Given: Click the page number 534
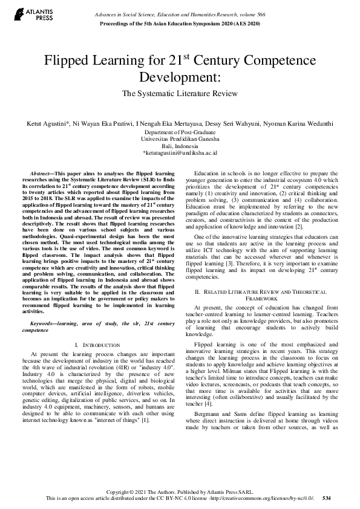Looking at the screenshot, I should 327,498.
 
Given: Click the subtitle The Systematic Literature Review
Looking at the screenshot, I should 180,94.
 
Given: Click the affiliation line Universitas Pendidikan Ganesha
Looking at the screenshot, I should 180,138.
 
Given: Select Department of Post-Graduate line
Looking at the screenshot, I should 180,132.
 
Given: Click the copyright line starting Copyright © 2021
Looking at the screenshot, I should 180,490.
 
